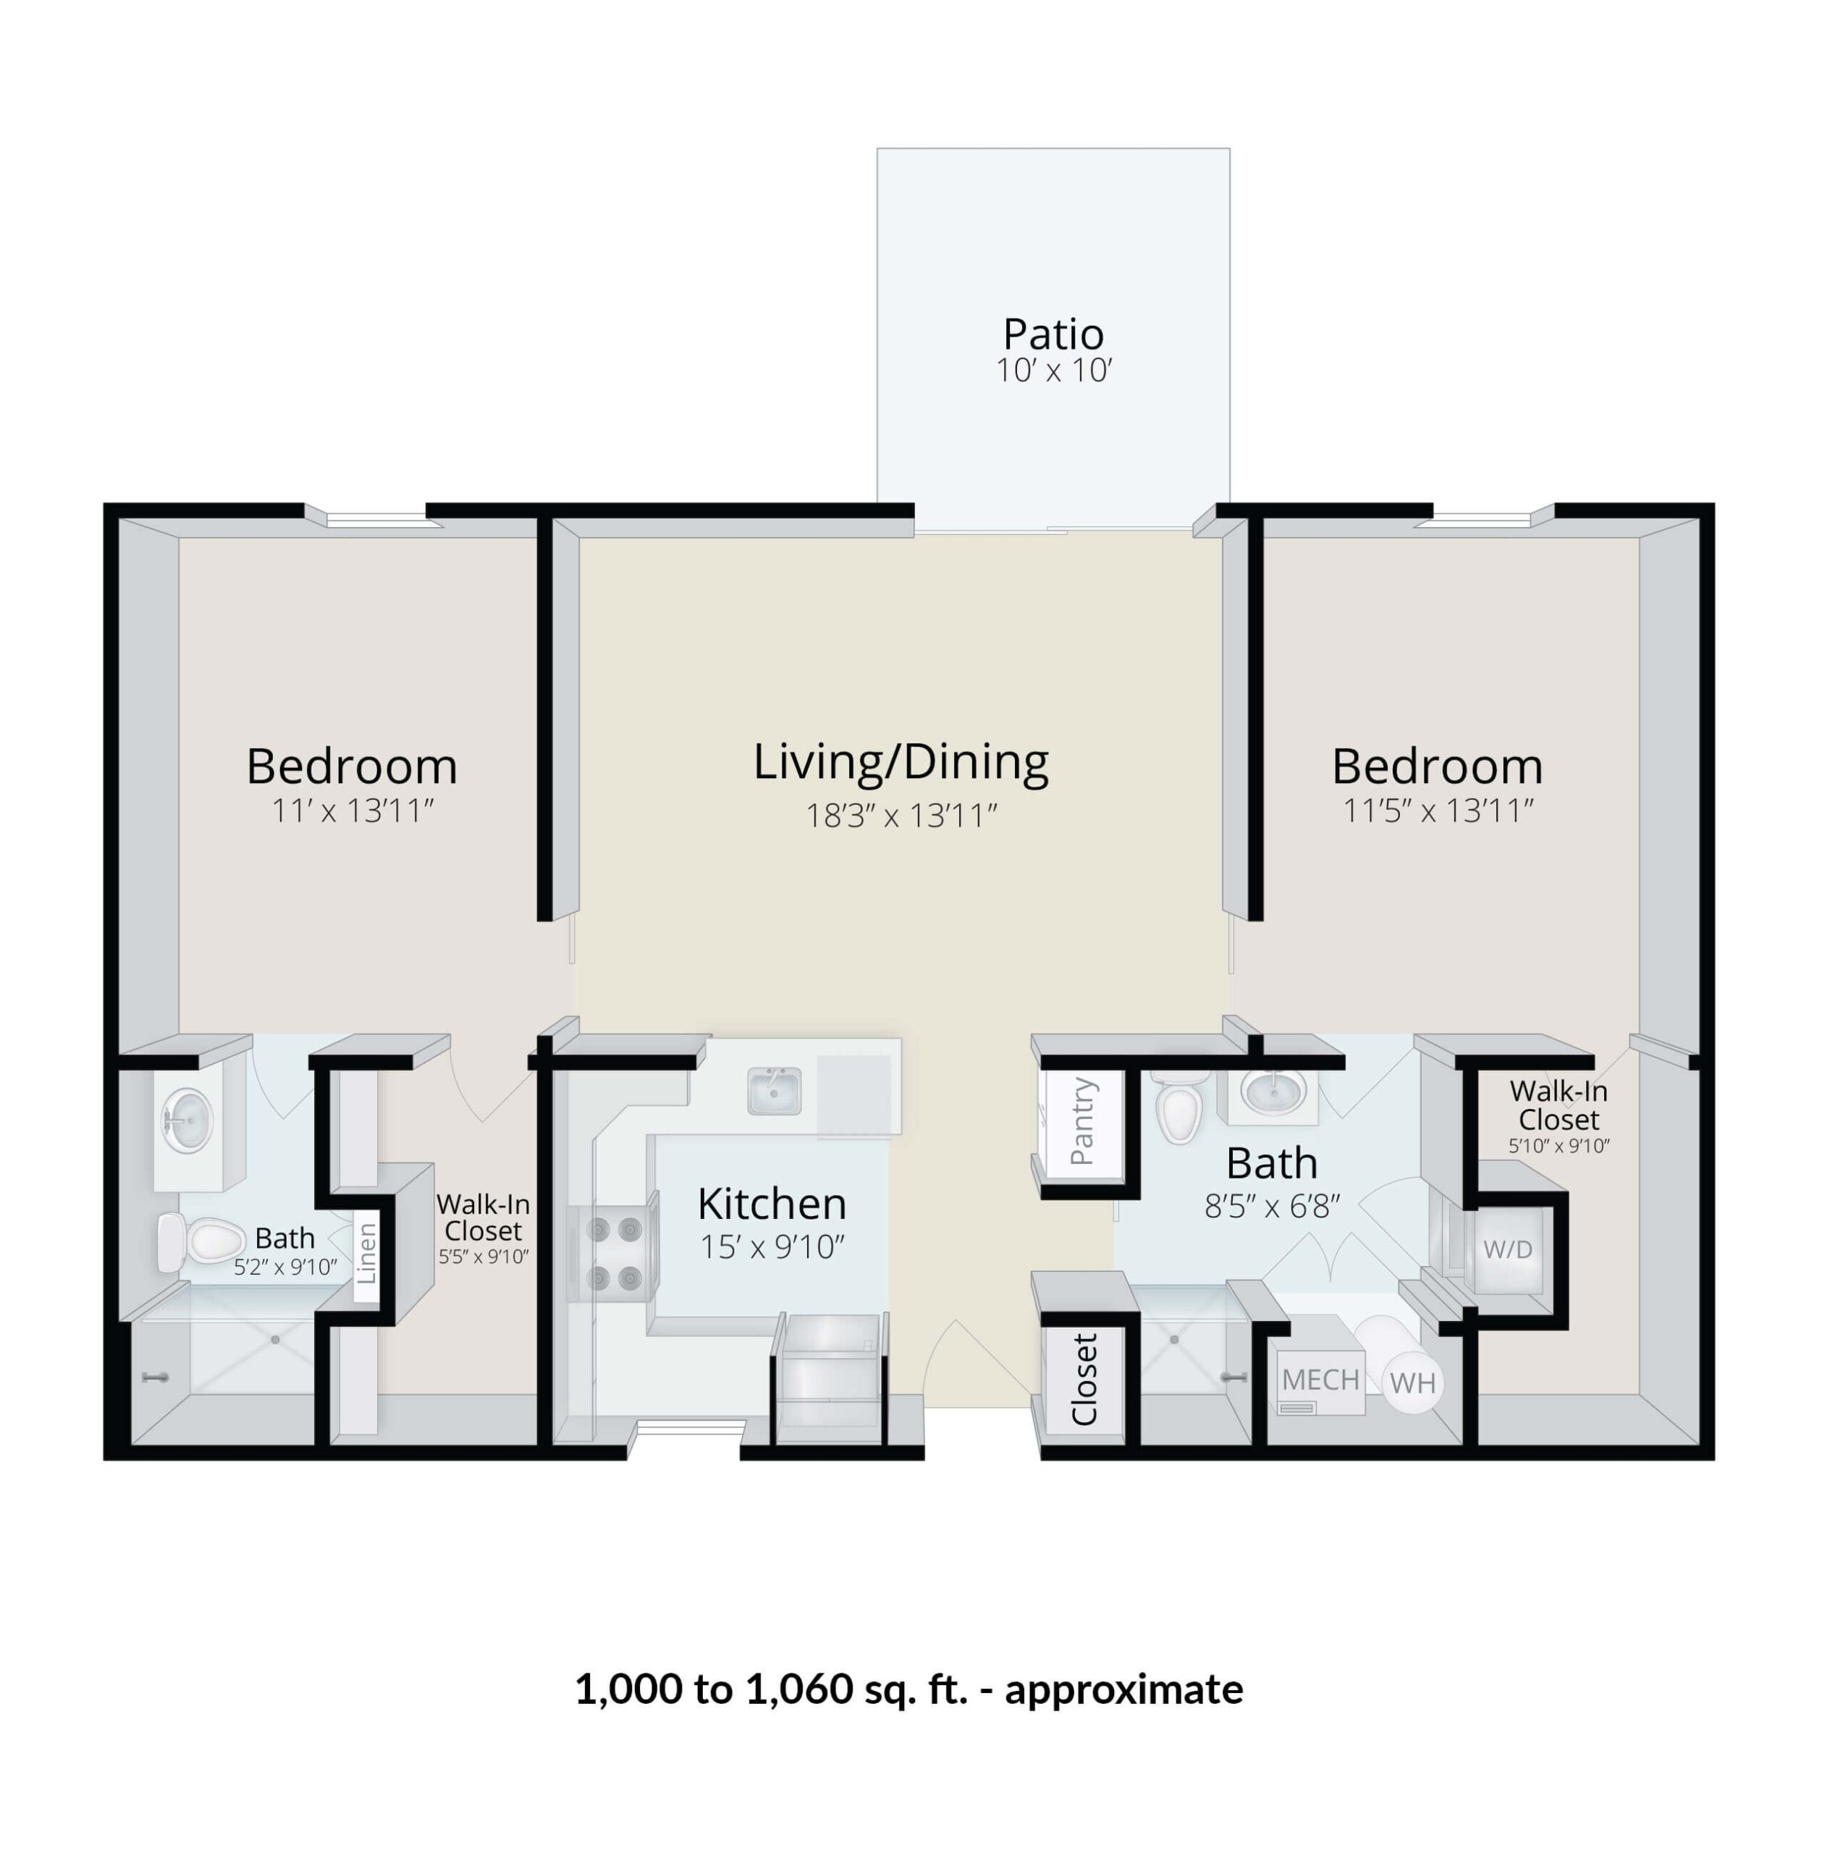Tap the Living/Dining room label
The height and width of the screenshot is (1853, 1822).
(901, 762)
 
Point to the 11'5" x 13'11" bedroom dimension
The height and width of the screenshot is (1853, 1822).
(1438, 811)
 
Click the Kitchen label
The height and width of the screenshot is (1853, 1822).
(771, 1204)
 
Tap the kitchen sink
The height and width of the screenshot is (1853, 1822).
(774, 1091)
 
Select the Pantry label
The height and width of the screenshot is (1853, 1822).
(1082, 1121)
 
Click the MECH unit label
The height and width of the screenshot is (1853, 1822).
(1320, 1380)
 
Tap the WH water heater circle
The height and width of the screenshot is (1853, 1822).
(1412, 1383)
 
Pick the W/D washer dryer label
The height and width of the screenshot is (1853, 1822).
(1507, 1249)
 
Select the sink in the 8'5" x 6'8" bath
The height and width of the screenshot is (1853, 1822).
(1273, 1091)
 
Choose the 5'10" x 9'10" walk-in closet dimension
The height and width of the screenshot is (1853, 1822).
(1559, 1146)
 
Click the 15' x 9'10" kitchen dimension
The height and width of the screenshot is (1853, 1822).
(771, 1247)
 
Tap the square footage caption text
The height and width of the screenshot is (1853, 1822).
(908, 1689)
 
